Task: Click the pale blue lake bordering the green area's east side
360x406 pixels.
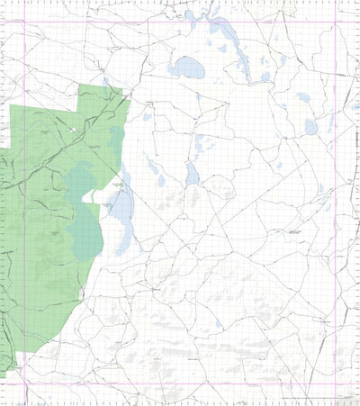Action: point(121,216)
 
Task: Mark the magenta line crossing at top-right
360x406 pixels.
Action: point(336,23)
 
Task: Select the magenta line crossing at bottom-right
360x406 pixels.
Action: point(336,384)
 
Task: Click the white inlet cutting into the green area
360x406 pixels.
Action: point(99,191)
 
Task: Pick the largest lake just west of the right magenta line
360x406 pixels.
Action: point(310,127)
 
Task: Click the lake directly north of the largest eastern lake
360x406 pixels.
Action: point(303,97)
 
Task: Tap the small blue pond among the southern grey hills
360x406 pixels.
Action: point(219,323)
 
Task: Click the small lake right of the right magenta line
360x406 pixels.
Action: point(355,106)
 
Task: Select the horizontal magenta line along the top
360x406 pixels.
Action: point(180,23)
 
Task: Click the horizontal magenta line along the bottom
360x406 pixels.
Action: point(180,384)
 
